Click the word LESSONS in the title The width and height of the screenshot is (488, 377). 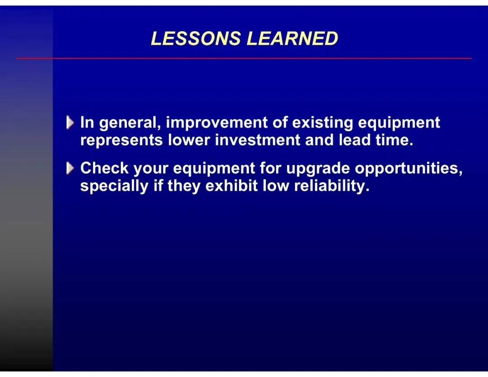click(x=196, y=38)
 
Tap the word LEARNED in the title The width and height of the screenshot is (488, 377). click(x=292, y=38)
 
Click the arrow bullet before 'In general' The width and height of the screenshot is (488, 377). click(x=70, y=123)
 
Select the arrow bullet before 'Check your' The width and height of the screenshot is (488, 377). click(x=70, y=169)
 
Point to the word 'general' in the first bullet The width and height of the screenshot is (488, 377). click(x=130, y=123)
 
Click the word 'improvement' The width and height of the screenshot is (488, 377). click(x=216, y=123)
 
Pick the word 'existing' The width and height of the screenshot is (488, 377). click(x=323, y=123)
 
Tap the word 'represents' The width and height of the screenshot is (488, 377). click(x=122, y=141)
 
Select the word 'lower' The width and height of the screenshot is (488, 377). click(x=189, y=140)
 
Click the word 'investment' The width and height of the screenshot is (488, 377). click(x=258, y=140)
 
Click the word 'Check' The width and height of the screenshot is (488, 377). click(x=104, y=168)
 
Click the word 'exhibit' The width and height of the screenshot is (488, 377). click(x=231, y=185)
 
